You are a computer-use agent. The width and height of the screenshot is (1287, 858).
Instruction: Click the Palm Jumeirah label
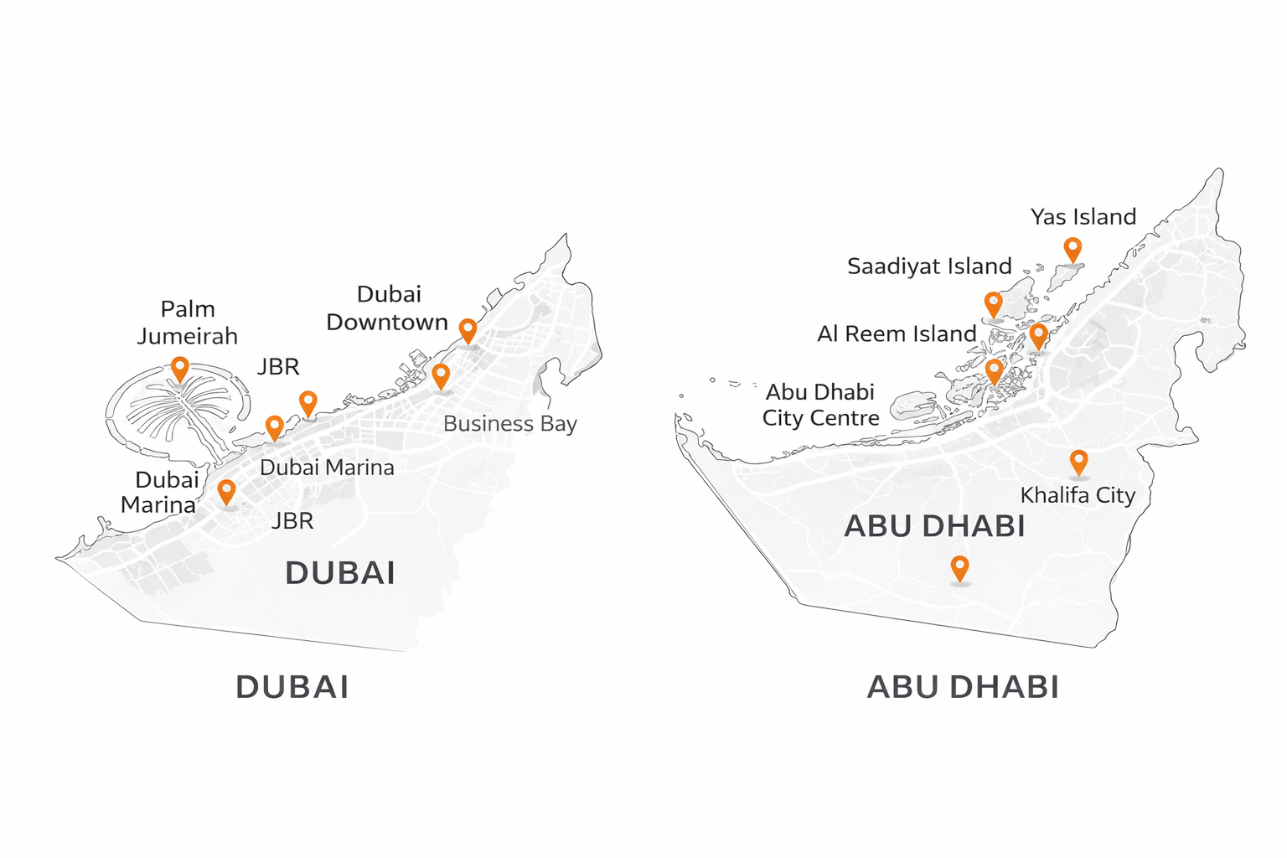coord(188,323)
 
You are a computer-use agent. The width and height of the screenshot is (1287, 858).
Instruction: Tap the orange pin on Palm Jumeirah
coord(179,368)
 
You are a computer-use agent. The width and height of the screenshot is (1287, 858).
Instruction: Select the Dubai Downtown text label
coord(387,308)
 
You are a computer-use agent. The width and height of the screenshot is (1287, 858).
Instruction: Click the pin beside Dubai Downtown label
coord(468,330)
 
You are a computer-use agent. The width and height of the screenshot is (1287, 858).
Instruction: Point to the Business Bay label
coord(509,424)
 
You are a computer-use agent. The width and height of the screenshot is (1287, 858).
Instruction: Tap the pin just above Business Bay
coord(441,375)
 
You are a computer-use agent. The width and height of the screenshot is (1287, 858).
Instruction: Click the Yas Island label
coord(1083,217)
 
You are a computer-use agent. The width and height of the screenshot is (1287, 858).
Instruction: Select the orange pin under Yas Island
coord(1072,249)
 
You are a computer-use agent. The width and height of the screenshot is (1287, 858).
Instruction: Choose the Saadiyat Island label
coord(929,266)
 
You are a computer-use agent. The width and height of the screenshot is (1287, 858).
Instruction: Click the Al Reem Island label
coord(897,334)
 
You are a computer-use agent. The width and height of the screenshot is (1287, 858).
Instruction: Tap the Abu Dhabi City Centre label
coord(820,405)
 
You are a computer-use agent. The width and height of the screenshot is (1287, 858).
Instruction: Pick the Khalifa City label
coord(1078,495)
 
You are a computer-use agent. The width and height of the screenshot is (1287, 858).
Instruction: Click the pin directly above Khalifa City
coord(1078,461)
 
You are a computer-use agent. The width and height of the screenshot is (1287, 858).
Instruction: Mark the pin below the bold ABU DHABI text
coord(959,568)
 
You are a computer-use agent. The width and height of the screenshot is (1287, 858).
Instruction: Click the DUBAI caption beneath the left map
coord(292,687)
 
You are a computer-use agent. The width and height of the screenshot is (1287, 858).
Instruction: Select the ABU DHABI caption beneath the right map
coord(963,687)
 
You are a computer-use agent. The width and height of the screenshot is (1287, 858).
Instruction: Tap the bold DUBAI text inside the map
coord(339,573)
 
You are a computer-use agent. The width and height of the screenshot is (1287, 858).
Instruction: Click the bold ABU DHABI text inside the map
coord(934,526)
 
